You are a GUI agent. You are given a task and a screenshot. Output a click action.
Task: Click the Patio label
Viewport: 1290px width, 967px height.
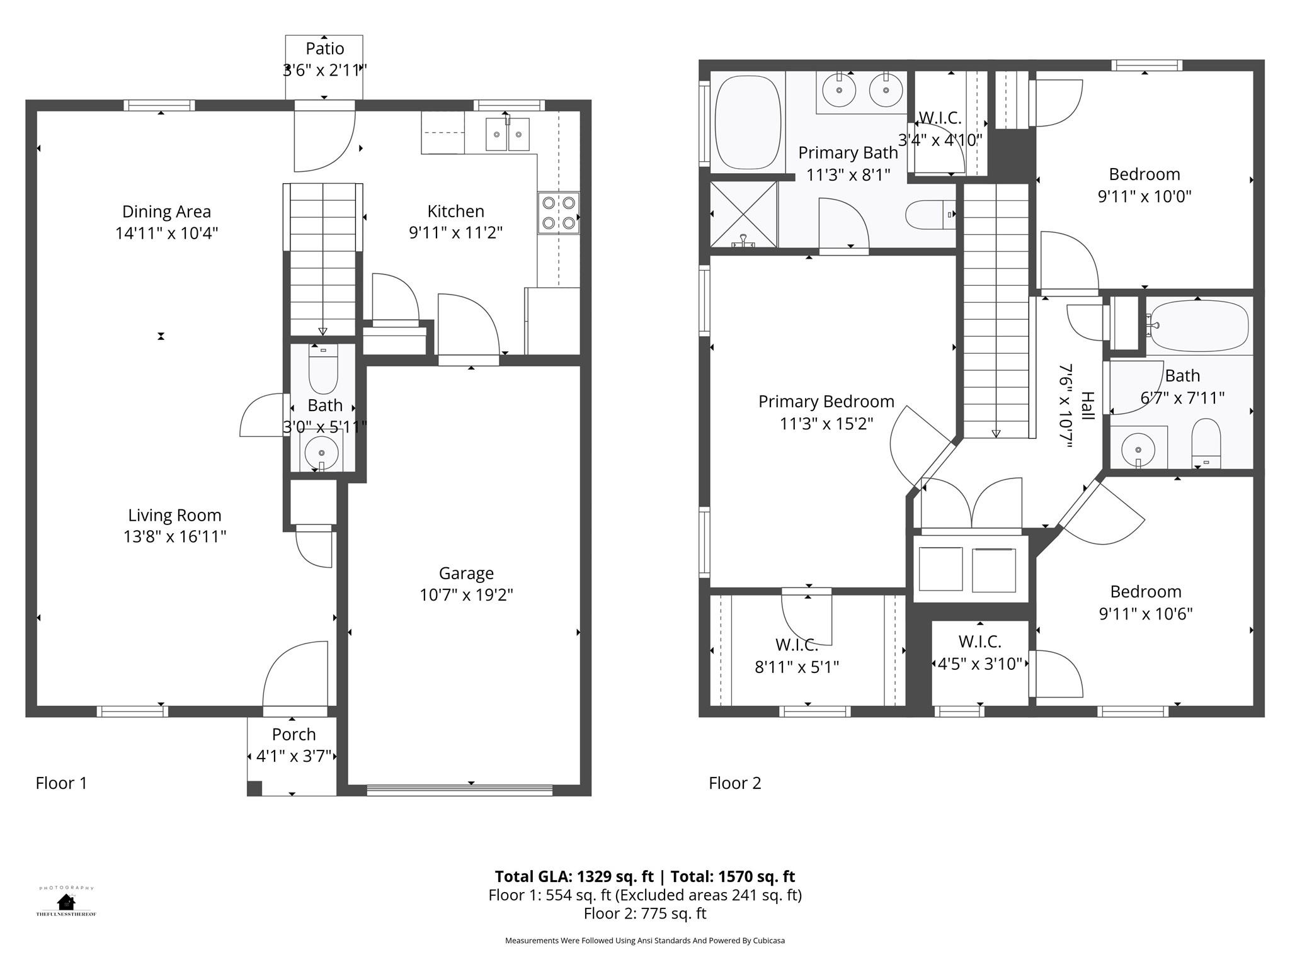point(325,48)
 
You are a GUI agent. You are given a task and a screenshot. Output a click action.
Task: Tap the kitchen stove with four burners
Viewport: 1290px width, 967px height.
point(559,213)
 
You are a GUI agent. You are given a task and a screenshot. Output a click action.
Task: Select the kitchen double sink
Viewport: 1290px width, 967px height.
point(508,134)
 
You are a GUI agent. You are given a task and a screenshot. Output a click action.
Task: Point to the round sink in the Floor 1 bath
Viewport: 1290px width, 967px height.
point(322,451)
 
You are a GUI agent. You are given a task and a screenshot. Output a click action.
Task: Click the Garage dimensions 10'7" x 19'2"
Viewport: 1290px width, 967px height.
point(466,595)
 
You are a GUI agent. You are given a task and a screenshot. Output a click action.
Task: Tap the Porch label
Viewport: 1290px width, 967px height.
point(294,734)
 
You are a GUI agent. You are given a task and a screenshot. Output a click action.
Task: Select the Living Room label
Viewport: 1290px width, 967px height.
point(174,515)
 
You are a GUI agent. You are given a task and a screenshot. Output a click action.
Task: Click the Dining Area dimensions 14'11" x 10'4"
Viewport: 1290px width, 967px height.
point(166,234)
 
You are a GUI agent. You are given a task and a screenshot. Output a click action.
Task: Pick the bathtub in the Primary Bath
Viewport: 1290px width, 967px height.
point(748,122)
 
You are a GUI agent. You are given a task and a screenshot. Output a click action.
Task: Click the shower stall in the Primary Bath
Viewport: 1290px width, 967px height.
point(744,214)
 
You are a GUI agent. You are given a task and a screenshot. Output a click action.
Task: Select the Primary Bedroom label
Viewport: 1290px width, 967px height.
point(826,401)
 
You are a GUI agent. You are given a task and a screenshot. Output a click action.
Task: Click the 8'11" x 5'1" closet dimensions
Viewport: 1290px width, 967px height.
point(797,667)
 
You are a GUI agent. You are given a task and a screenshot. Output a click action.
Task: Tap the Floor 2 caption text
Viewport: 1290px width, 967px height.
point(735,783)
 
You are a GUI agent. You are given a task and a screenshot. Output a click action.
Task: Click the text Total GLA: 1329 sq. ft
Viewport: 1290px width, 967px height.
point(575,876)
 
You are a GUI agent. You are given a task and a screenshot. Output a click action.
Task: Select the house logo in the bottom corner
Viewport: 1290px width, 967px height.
point(66,902)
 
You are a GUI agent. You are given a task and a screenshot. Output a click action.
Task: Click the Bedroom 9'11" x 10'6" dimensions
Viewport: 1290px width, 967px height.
point(1146,614)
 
